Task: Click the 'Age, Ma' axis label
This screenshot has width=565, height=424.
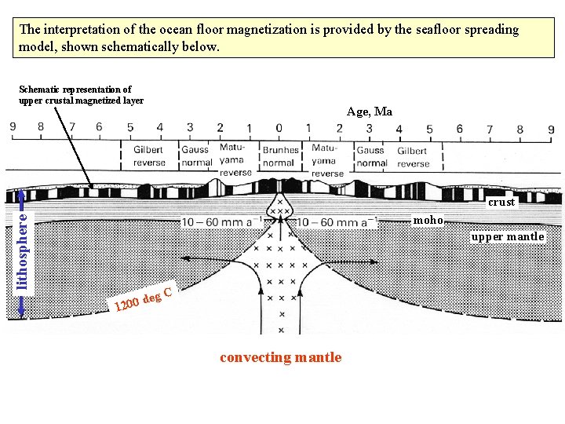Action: [370, 111]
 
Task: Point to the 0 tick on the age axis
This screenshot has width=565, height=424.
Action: [279, 128]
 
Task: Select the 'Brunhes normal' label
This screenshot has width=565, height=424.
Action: [280, 156]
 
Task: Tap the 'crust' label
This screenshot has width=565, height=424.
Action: [501, 202]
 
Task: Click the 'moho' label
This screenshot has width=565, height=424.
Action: [428, 220]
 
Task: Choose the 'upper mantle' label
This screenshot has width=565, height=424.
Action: [508, 236]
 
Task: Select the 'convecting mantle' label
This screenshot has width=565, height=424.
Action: [281, 357]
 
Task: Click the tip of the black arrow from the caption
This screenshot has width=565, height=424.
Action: [93, 188]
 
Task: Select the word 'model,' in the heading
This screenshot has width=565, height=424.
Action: [38, 47]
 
